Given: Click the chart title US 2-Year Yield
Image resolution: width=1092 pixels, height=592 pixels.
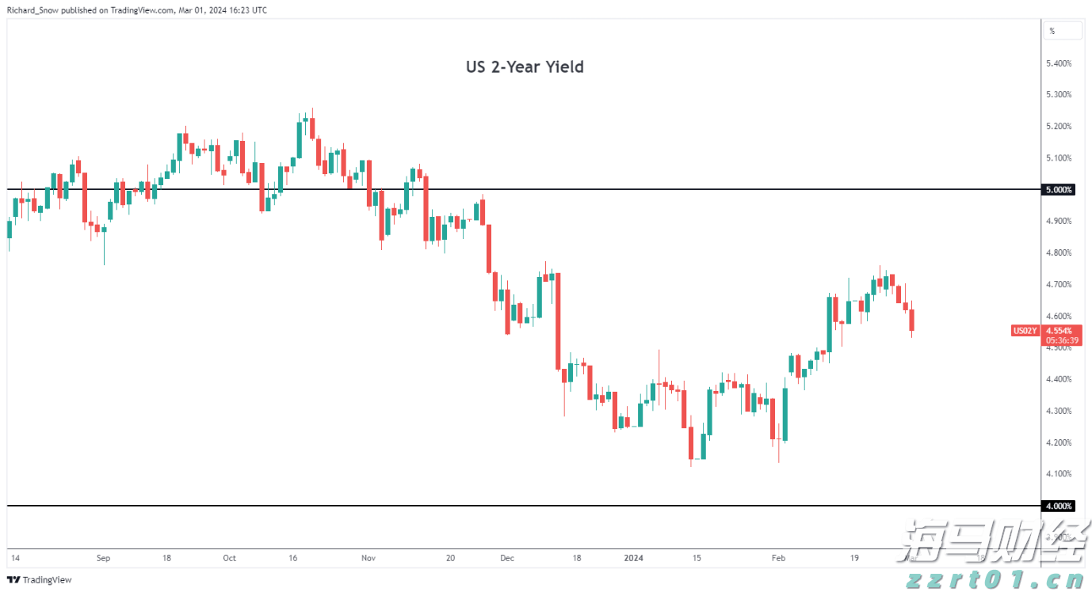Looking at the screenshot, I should coord(525,67).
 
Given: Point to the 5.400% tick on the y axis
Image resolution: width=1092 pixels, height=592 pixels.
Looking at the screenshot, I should coord(1059,63).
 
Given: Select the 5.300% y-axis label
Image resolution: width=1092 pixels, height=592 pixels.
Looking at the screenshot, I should coord(1059,95).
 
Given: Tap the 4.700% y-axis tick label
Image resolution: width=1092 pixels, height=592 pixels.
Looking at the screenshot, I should coord(1059,284).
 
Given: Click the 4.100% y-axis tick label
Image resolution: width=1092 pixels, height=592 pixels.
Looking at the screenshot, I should coord(1059,474).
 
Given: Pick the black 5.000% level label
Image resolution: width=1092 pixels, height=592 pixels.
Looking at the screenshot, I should coord(1059,190).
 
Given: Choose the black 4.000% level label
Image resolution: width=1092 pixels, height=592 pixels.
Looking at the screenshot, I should coord(1059,506).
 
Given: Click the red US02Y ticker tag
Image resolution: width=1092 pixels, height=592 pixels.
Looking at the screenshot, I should coord(1025,331).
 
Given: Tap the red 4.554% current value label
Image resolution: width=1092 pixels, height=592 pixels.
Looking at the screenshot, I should coord(1059,330).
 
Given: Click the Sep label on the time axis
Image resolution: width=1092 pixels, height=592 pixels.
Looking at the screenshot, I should coord(103,558).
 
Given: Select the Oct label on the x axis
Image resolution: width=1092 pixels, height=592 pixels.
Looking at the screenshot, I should coord(229,558).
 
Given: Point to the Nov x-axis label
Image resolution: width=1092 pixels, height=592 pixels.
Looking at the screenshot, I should coord(368,558).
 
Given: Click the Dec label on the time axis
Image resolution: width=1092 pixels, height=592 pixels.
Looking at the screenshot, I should coord(507,558).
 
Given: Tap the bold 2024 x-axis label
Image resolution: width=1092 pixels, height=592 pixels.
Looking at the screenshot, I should coord(633,558).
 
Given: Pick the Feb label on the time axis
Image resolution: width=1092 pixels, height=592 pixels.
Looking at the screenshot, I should coord(779,558).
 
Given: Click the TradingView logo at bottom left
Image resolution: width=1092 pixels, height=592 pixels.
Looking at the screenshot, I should coord(40,580).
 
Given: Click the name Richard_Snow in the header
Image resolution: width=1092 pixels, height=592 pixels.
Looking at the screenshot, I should coord(32,9).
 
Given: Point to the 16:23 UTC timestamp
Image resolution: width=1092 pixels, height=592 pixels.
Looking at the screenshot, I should coord(246,9).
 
